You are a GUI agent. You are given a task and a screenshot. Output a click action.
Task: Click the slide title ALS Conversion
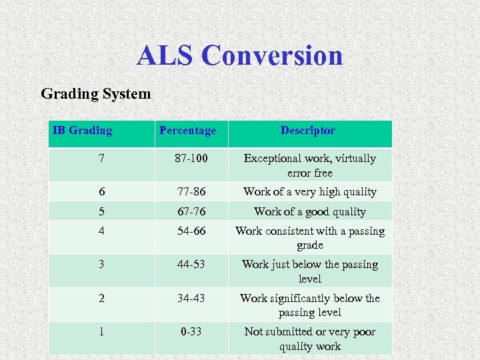(x=240, y=55)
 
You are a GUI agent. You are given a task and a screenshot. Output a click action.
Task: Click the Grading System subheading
(x=96, y=94)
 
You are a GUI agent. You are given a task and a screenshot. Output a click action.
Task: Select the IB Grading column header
(x=83, y=131)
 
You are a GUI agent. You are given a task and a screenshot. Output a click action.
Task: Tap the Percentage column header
(x=187, y=131)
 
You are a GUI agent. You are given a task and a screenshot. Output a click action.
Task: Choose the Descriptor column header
(x=308, y=131)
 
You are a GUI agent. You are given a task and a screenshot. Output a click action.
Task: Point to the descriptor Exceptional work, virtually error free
(x=309, y=165)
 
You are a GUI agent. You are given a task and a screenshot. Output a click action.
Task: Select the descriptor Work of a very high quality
(x=309, y=192)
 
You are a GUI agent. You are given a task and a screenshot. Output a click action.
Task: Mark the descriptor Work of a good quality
(x=309, y=212)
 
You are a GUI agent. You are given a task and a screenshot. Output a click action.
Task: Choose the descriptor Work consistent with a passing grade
(x=309, y=238)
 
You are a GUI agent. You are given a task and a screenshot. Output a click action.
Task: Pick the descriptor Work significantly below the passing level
(x=309, y=305)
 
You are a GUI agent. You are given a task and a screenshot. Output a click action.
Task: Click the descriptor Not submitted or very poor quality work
(x=309, y=339)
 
